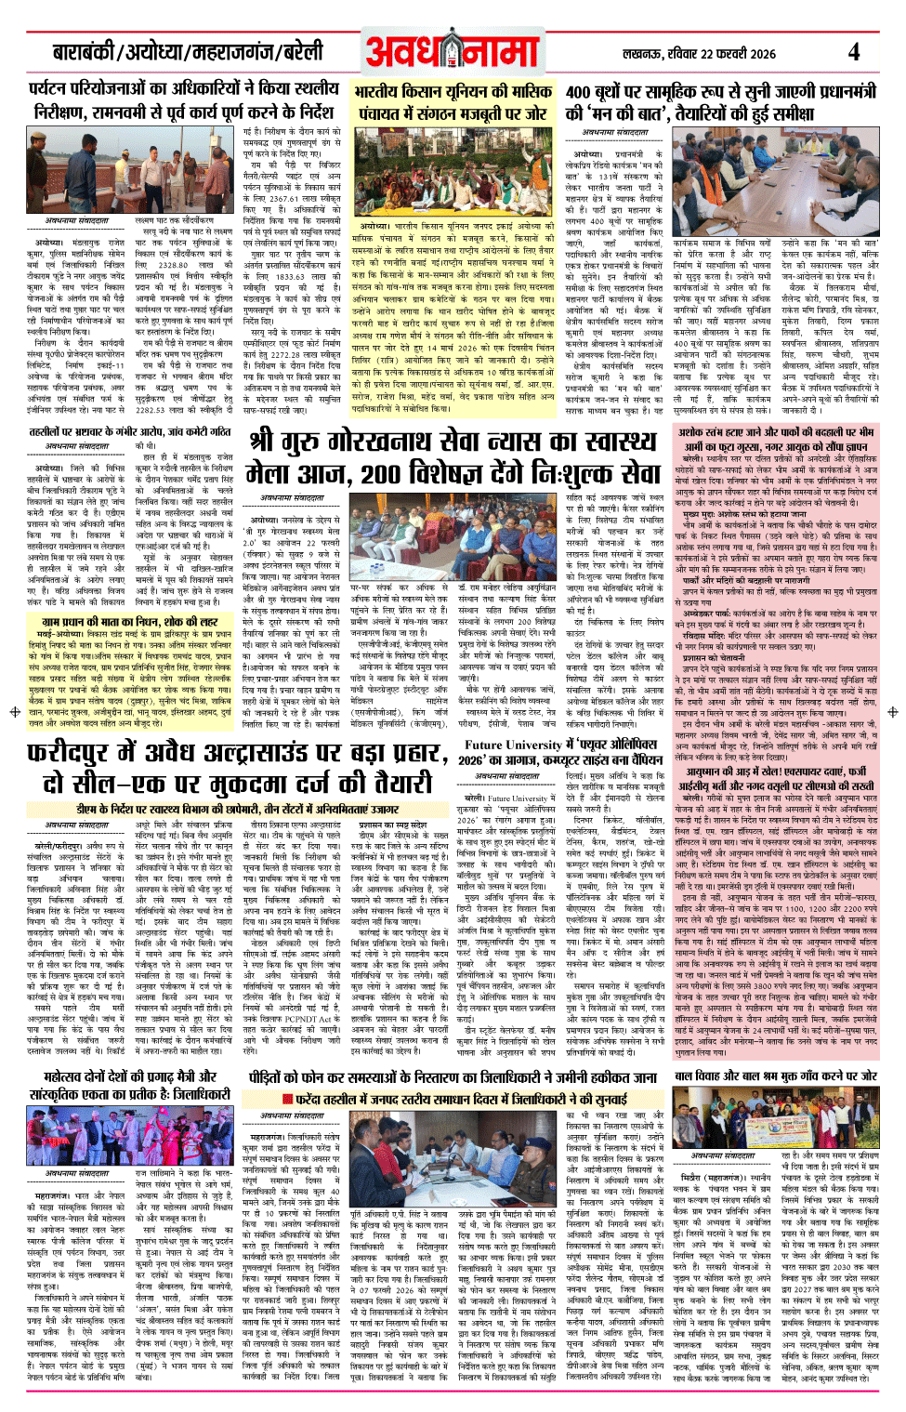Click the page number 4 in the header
tap(853, 51)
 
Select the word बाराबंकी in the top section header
tap(84, 53)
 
